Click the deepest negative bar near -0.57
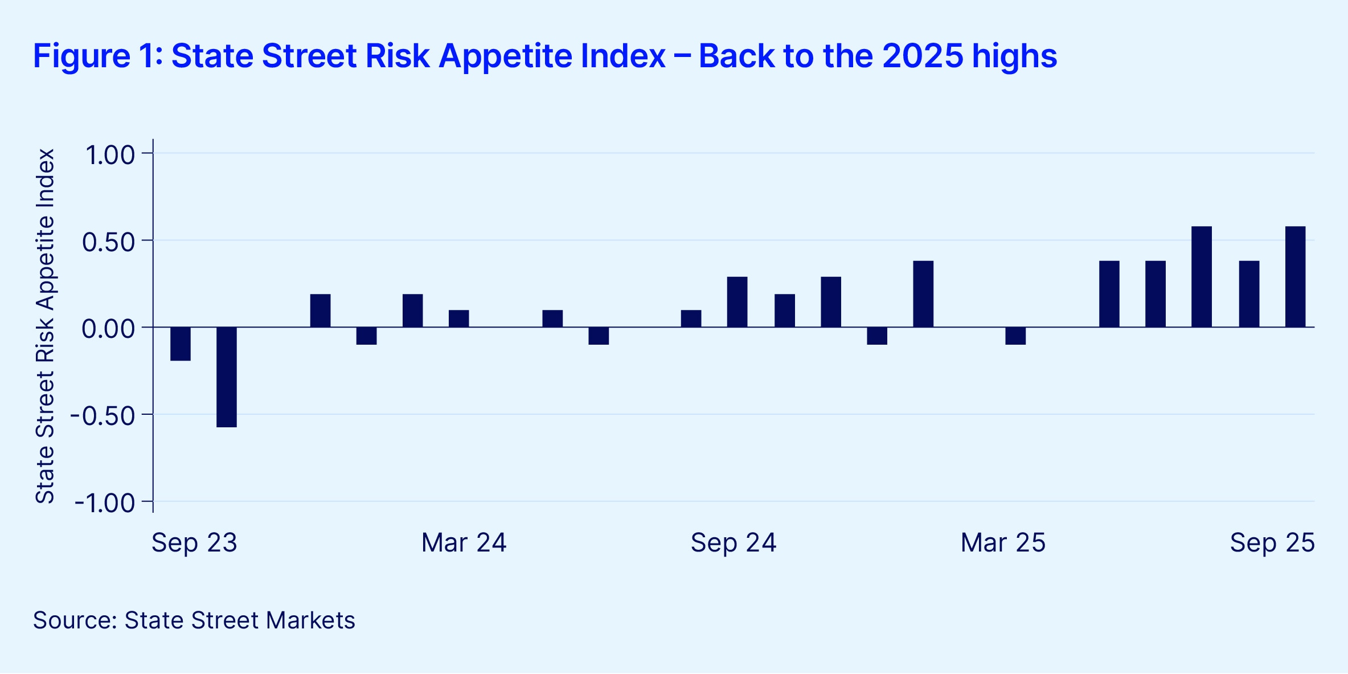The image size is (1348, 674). pyautogui.click(x=227, y=377)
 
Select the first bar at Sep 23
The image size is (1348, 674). pyautogui.click(x=181, y=344)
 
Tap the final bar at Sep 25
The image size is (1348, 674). pyautogui.click(x=1296, y=277)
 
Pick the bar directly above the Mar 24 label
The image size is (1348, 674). pyautogui.click(x=459, y=318)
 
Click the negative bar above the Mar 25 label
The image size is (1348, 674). pyautogui.click(x=1015, y=336)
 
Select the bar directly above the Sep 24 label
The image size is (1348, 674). pyautogui.click(x=737, y=302)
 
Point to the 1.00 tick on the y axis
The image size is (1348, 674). pyautogui.click(x=110, y=155)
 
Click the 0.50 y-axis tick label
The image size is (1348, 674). pyautogui.click(x=108, y=242)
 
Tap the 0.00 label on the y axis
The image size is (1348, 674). pyautogui.click(x=108, y=329)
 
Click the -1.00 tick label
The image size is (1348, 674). pyautogui.click(x=105, y=503)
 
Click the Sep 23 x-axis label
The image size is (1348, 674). pyautogui.click(x=194, y=542)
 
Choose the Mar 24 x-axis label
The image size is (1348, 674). pyautogui.click(x=464, y=542)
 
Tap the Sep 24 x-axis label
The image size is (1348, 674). pyautogui.click(x=734, y=542)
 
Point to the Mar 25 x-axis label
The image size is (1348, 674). pyautogui.click(x=1003, y=542)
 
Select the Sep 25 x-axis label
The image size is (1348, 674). pyautogui.click(x=1272, y=542)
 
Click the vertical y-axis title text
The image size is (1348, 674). pyautogui.click(x=45, y=326)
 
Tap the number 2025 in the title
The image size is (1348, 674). pyautogui.click(x=923, y=56)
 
